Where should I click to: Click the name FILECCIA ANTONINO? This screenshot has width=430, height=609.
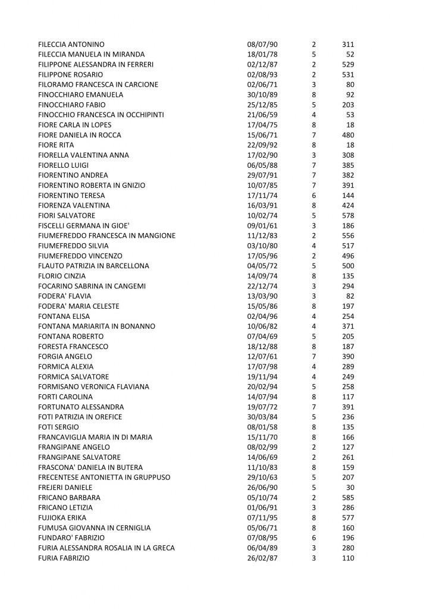(x=71, y=45)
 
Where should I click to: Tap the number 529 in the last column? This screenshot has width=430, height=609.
(x=348, y=65)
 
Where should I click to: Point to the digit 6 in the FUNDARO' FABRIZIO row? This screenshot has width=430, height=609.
(x=313, y=538)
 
